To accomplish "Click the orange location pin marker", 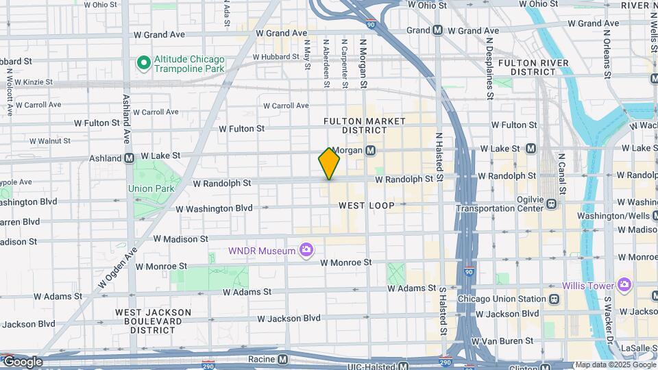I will click(329, 164).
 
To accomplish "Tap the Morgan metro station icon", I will click(370, 150).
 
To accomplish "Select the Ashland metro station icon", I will click(129, 158).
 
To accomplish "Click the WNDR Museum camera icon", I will click(306, 251).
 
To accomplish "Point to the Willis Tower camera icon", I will click(624, 284).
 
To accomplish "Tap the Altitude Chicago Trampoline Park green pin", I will click(144, 64).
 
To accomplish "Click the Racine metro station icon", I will click(282, 360).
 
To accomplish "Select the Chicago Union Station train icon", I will click(552, 299).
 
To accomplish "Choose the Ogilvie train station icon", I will click(552, 203).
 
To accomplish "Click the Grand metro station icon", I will click(437, 31).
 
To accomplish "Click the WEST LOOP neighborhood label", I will click(366, 206).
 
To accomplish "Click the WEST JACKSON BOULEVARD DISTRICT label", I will click(153, 321).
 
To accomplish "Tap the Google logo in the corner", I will click(23, 362).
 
